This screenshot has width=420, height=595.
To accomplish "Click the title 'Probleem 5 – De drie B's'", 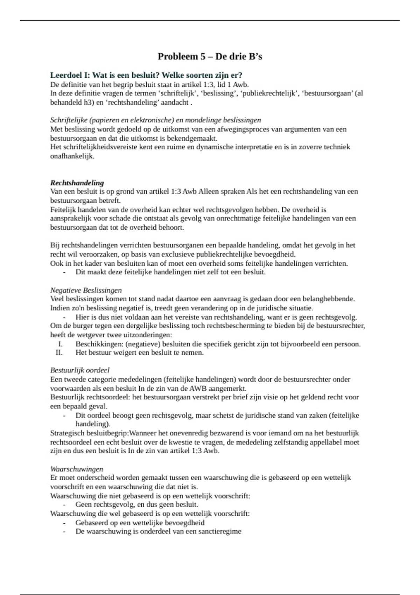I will pyautogui.click(x=210, y=56).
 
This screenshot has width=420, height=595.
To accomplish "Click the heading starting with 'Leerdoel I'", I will pyautogui.click(x=146, y=75).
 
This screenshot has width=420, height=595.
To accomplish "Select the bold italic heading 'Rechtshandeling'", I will pyautogui.click(x=77, y=183).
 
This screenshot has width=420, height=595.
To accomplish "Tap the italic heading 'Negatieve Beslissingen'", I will pyautogui.click(x=86, y=290).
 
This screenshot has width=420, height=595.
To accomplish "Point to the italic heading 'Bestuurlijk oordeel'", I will pyautogui.click(x=80, y=370).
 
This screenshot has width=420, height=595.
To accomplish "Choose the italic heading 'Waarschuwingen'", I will pyautogui.click(x=77, y=469).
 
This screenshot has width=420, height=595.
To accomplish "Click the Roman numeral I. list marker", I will pyautogui.click(x=60, y=344).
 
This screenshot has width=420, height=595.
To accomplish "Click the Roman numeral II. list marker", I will pyautogui.click(x=59, y=353).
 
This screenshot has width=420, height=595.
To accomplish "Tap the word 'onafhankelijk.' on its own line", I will pyautogui.click(x=72, y=156).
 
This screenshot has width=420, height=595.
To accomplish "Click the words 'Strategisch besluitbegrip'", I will pyautogui.click(x=89, y=433).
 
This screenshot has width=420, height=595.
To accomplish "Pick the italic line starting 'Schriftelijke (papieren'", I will pyautogui.click(x=155, y=120).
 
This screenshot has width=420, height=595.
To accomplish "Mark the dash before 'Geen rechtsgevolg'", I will pyautogui.click(x=64, y=505).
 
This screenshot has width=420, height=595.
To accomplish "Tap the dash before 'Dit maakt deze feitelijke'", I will pyautogui.click(x=64, y=272).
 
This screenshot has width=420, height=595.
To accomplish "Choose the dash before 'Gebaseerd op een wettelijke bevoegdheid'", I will pyautogui.click(x=64, y=523).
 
